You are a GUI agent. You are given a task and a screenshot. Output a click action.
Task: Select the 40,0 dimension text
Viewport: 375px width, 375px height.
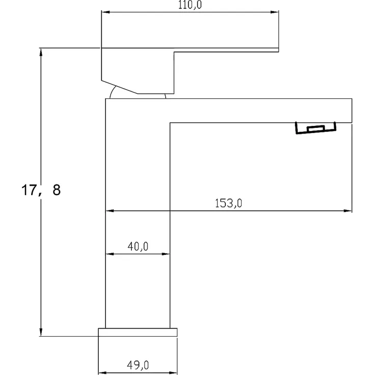coord(138,247)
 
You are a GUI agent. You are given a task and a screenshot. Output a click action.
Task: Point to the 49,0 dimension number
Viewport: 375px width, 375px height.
coord(138,365)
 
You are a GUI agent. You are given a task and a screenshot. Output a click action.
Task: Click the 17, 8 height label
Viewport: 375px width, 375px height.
coord(40,191)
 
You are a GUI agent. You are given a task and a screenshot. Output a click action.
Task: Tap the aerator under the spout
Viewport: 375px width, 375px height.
coord(316,128)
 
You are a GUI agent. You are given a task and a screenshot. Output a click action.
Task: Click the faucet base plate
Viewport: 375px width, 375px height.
coord(138,332)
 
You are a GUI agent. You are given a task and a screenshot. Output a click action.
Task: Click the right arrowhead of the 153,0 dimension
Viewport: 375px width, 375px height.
coord(349,211)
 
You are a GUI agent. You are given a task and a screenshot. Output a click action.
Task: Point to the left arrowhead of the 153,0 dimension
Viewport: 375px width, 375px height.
coord(109,211)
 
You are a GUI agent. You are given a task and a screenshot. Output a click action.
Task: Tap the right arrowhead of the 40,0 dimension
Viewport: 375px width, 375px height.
coord(167,253)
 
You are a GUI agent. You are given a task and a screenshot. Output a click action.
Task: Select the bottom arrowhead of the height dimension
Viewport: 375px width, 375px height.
coord(41,333)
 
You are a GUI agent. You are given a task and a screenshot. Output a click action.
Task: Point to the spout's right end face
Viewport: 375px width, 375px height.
coord(352,111)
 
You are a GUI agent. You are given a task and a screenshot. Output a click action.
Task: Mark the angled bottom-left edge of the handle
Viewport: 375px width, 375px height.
coord(120,87)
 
